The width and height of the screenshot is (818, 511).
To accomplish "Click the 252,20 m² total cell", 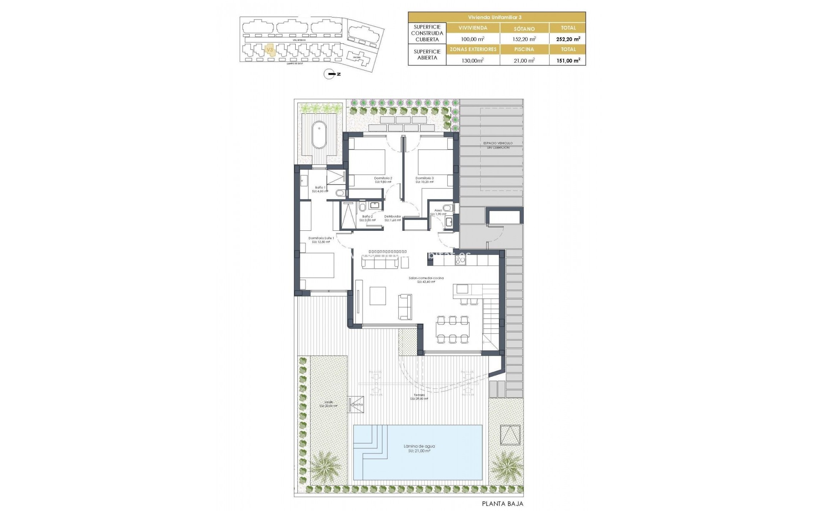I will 568,39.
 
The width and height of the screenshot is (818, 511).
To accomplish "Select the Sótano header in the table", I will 524,29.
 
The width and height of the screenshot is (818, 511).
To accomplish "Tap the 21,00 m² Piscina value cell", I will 524,60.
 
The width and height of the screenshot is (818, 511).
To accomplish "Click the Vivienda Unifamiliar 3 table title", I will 497,17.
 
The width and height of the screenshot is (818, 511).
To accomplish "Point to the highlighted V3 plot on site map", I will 269,50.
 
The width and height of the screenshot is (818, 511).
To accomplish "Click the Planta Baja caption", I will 503,503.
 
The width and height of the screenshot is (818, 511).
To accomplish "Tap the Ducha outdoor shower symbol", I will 356,404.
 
